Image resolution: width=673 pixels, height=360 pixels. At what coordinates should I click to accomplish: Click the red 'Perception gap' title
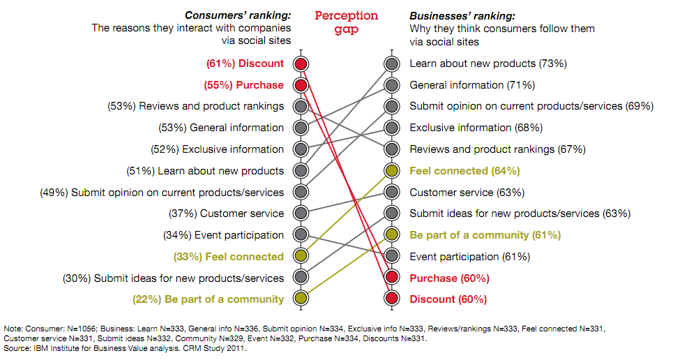tap(347, 22)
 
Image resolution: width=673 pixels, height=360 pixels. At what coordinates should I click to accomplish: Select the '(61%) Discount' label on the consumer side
tap(245, 63)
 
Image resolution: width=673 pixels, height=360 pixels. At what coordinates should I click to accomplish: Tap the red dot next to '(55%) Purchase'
tap(301, 85)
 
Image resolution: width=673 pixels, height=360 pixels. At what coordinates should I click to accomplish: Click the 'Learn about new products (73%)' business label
tap(488, 63)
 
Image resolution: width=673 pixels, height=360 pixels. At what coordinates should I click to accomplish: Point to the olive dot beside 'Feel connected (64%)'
tap(392, 171)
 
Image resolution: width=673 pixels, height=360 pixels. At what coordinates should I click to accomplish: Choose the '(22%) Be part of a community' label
tap(208, 299)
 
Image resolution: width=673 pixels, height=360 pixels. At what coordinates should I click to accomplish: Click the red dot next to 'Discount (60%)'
tap(392, 299)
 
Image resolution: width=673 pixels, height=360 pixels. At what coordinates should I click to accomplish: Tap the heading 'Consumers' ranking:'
tap(237, 15)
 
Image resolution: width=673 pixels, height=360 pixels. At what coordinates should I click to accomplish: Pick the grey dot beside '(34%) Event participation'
tap(301, 235)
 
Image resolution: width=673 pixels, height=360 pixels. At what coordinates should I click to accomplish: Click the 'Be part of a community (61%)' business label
tap(485, 235)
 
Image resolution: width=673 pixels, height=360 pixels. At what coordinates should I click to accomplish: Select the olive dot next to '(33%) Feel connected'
tap(301, 257)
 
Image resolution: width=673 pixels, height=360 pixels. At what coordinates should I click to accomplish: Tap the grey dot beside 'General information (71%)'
tap(392, 85)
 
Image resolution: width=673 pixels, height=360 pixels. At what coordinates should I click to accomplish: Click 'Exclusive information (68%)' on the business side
tap(476, 128)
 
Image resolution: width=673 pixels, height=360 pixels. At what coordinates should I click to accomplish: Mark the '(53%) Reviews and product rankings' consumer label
tap(196, 106)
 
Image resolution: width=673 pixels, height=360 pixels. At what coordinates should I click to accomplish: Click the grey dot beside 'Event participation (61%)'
tap(392, 257)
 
